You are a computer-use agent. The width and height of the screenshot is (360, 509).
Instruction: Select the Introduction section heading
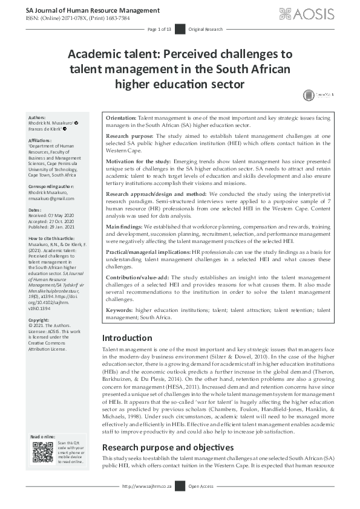point(128,338)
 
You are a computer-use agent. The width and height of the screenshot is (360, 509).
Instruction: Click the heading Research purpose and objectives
point(168,447)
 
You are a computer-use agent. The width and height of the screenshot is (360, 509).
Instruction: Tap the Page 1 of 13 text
point(160,29)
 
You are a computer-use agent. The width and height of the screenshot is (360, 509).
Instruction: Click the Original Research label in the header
point(206,29)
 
